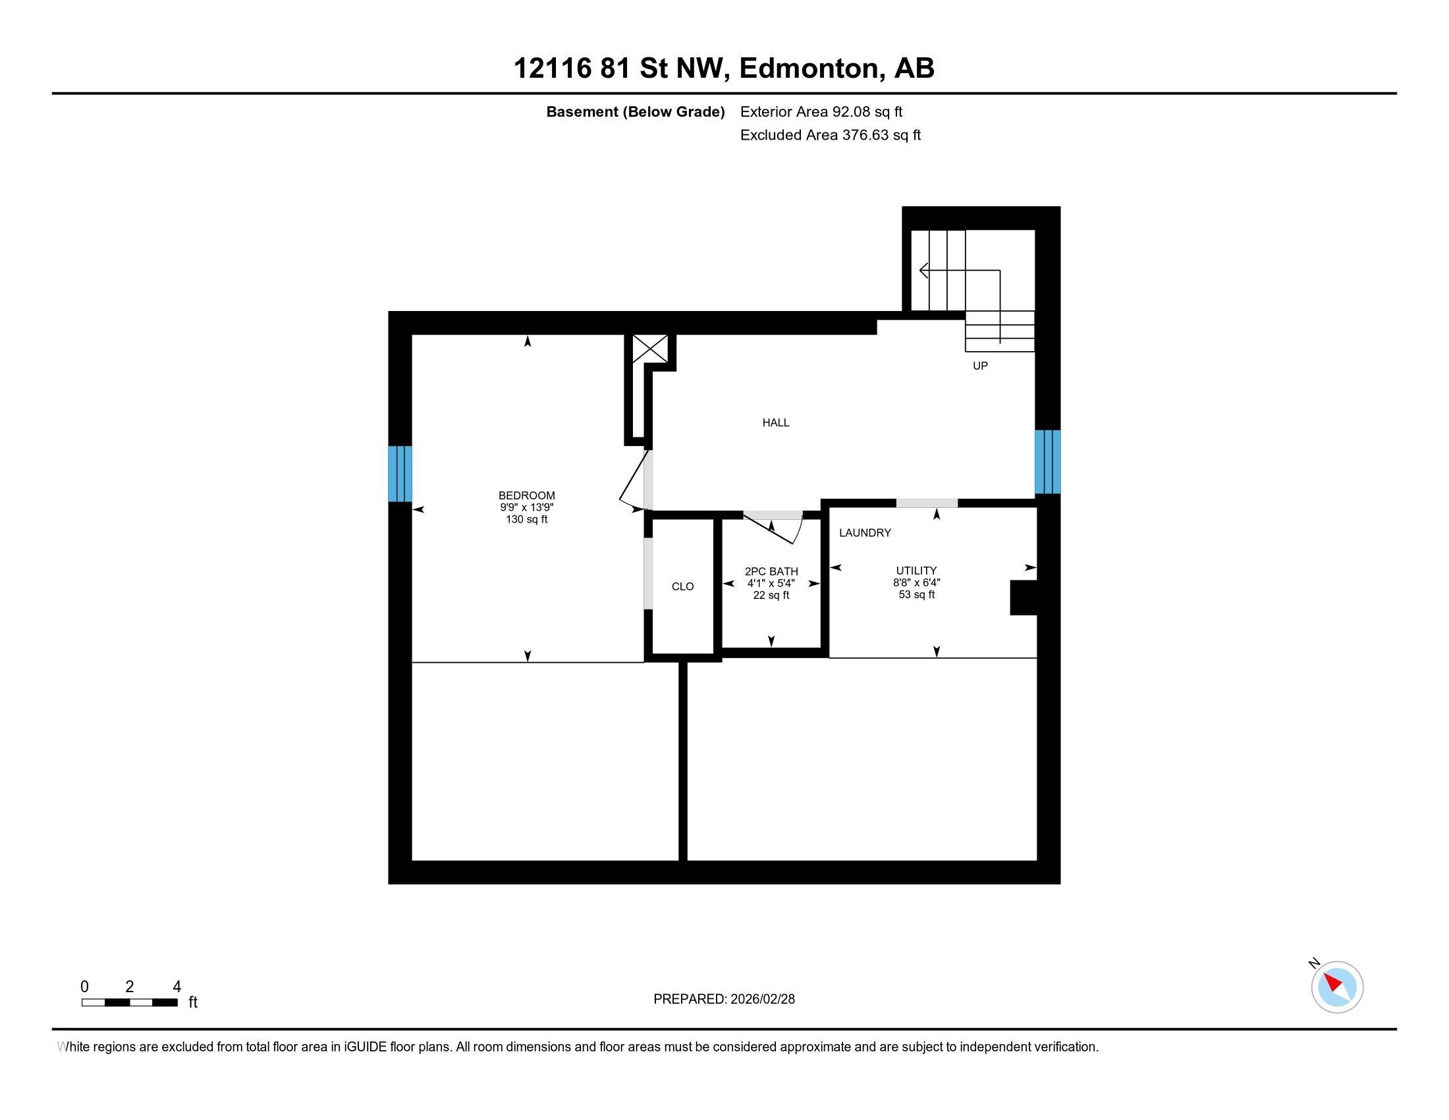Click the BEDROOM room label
click(526, 495)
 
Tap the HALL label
click(775, 423)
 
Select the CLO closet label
click(682, 586)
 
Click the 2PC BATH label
click(771, 571)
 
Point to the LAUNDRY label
click(865, 533)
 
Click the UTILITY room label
click(916, 571)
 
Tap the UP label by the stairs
click(979, 366)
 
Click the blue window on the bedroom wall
click(399, 474)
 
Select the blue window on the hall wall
click(1047, 462)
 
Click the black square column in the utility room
click(1022, 597)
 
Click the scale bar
click(129, 1003)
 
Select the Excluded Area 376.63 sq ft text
click(829, 135)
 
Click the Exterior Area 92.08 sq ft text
click(821, 112)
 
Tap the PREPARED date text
click(723, 999)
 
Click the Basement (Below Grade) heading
click(634, 112)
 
